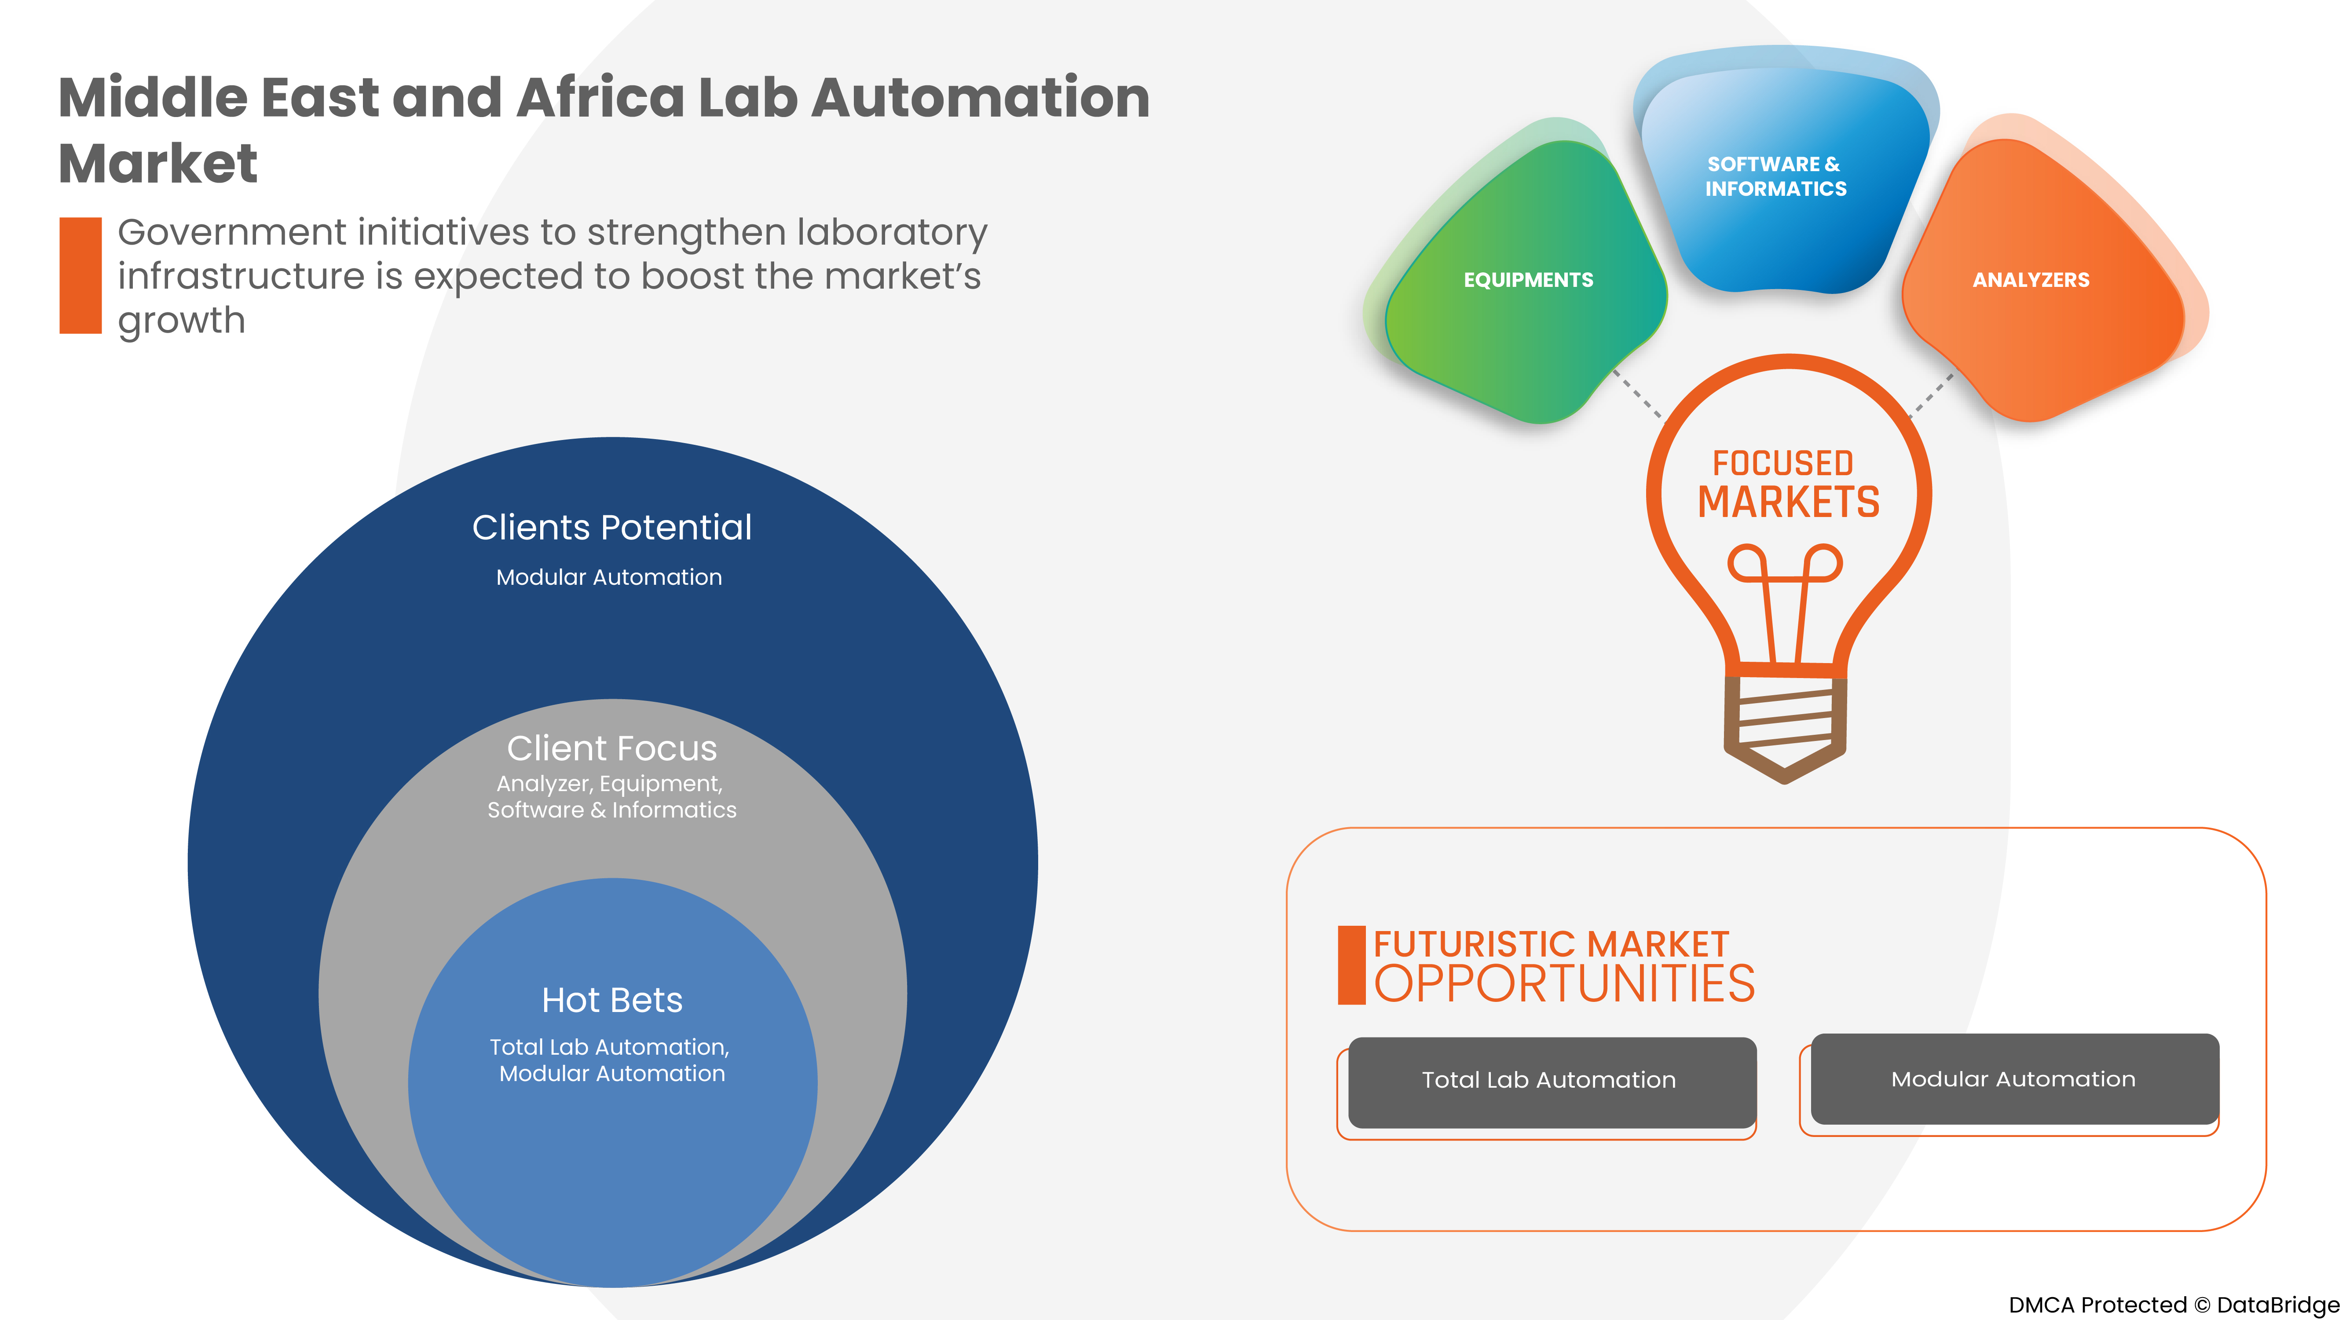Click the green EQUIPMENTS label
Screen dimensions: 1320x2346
pyautogui.click(x=1528, y=280)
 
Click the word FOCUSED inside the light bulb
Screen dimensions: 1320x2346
pyautogui.click(x=1782, y=463)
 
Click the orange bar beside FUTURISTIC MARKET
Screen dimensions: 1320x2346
pyautogui.click(x=1351, y=966)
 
